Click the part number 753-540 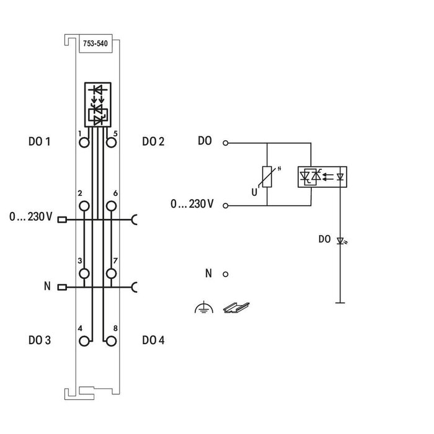click(x=94, y=43)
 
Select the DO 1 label click(x=40, y=141)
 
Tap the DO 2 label click(x=153, y=141)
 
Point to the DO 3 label click(x=40, y=340)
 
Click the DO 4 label click(x=153, y=340)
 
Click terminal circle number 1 click(x=84, y=143)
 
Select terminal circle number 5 click(x=111, y=143)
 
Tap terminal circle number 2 click(x=84, y=206)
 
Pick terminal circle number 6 click(x=111, y=206)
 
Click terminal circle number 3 click(x=84, y=273)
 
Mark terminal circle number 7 click(x=111, y=273)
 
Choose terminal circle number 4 click(x=84, y=340)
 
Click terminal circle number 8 click(x=111, y=340)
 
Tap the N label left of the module click(x=47, y=286)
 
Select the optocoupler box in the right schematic click(x=322, y=175)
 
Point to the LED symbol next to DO click(x=340, y=240)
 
